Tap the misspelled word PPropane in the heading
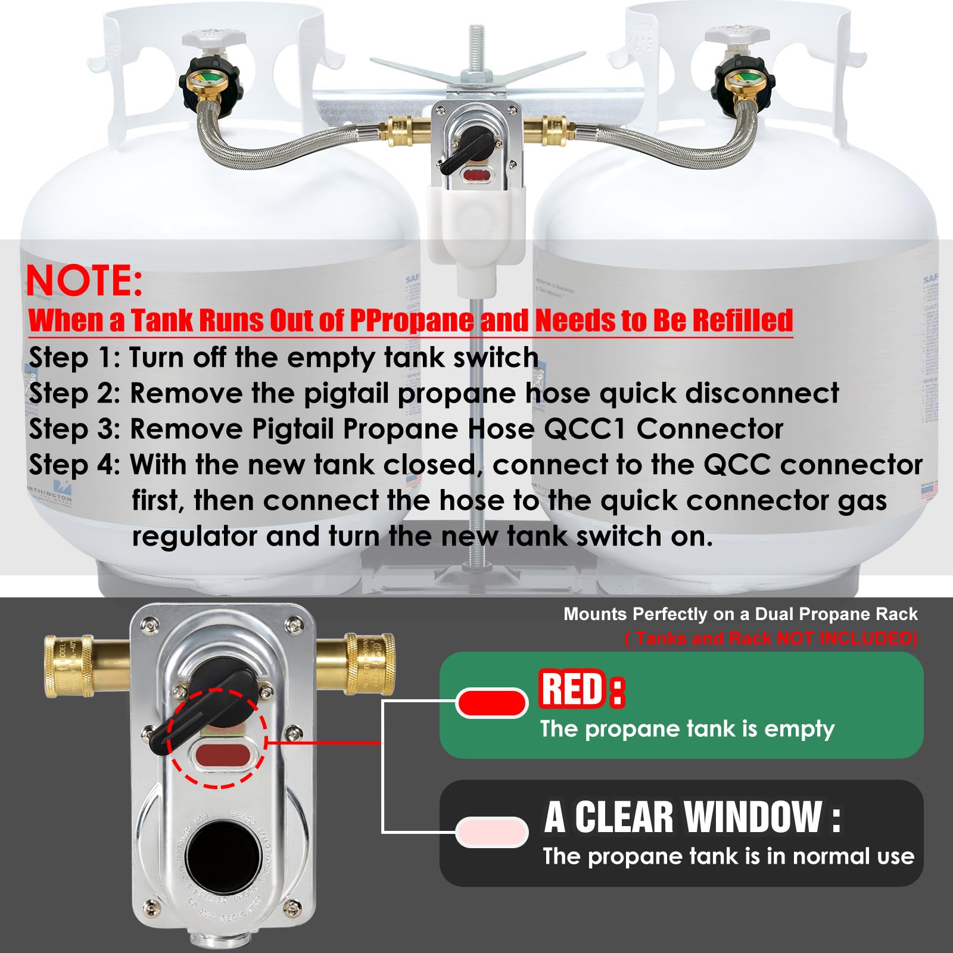point(412,320)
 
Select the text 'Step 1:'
point(74,357)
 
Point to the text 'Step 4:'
point(74,465)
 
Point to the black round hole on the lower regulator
point(222,855)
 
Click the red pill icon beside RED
point(492,703)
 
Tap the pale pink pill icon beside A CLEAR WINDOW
point(492,831)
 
